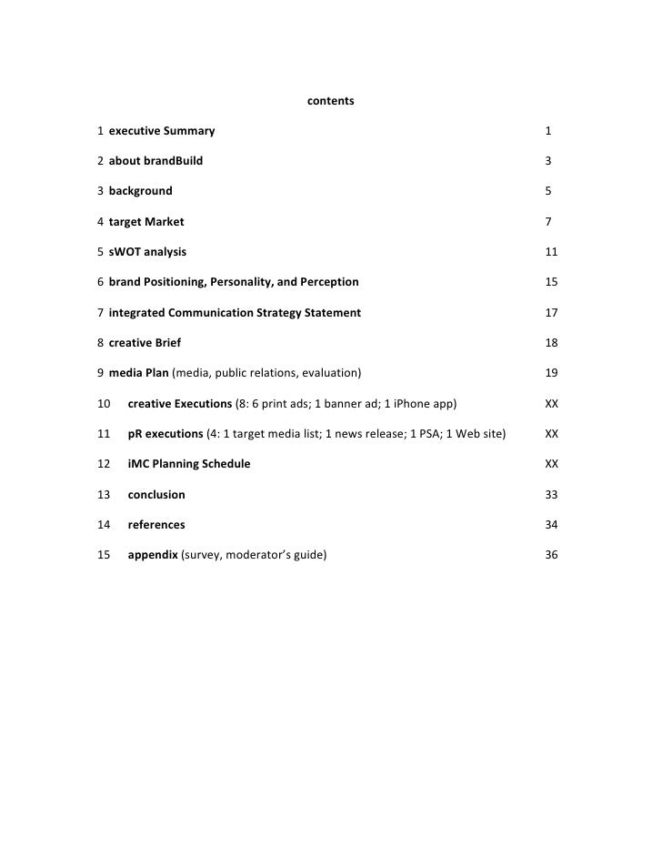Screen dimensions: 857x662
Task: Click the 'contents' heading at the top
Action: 330,101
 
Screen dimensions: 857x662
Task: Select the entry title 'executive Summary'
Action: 162,131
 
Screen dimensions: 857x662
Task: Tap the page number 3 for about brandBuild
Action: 548,161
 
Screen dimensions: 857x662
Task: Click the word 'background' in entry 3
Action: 140,191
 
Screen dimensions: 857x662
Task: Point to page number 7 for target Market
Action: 548,222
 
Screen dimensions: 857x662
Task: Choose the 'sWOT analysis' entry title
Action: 147,252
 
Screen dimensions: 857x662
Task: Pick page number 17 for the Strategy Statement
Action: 551,313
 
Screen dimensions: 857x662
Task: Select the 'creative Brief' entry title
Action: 145,343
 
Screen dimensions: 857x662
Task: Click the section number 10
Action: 103,403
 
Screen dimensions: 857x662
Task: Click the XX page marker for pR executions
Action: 551,434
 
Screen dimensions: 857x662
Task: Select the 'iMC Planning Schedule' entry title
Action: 189,464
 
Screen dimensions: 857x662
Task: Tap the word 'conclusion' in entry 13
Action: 156,495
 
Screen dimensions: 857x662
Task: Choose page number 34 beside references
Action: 551,525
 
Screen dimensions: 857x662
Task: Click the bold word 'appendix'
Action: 153,555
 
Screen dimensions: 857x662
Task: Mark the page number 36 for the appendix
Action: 551,555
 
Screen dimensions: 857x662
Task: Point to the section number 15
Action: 103,555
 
